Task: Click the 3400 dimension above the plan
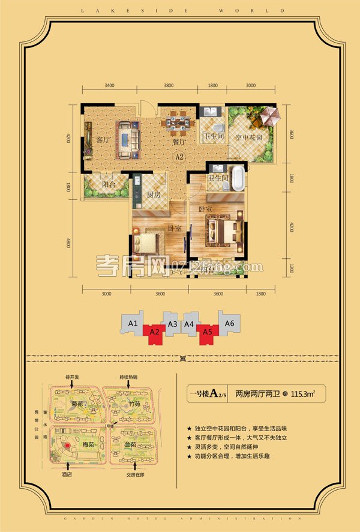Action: pos(109,85)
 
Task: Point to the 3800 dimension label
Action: pos(169,85)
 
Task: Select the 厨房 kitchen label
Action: pos(154,195)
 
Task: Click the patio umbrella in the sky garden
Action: pos(266,114)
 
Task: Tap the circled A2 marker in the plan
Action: pos(178,157)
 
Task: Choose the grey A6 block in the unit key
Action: pos(229,323)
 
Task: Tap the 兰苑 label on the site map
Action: pos(130,445)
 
